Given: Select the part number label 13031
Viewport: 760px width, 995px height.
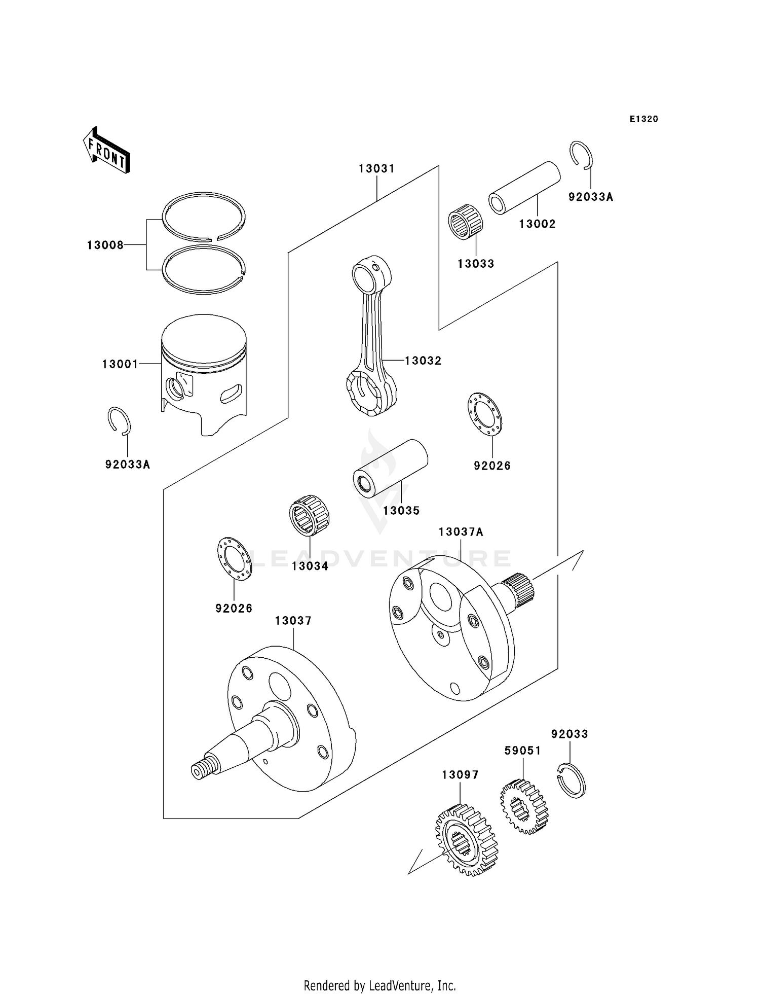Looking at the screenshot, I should click(x=376, y=168).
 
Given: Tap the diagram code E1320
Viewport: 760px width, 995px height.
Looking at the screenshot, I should click(x=643, y=119).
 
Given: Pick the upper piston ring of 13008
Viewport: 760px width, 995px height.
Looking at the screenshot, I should click(x=204, y=215).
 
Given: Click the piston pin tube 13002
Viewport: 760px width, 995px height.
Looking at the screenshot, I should click(x=524, y=188).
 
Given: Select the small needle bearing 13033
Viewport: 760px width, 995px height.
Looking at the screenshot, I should click(x=466, y=222).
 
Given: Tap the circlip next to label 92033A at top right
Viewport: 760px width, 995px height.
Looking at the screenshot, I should click(x=581, y=154).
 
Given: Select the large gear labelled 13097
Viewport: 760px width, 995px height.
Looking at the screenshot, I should click(x=466, y=839).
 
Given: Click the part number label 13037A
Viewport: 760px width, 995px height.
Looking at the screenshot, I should click(x=461, y=532).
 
